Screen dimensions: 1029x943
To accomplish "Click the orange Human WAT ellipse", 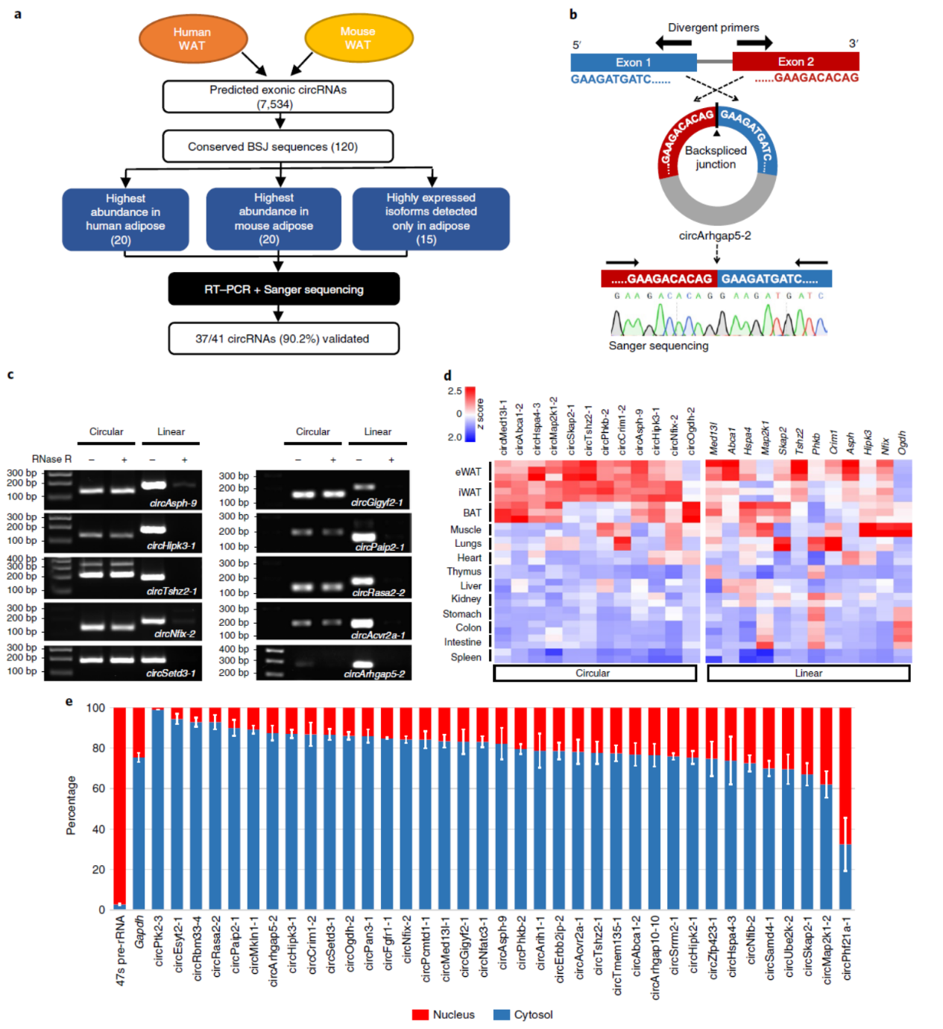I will pos(192,39).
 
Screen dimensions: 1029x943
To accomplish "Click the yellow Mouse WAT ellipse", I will pos(359,38).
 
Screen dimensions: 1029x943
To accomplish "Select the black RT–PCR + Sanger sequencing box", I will pos(283,289).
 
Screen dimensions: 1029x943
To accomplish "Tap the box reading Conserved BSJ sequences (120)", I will pos(277,147).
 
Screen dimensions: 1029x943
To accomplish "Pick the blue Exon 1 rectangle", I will pos(633,62).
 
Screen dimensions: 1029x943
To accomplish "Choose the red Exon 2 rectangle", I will pos(795,62).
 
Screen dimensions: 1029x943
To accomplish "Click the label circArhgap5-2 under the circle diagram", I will pos(714,235).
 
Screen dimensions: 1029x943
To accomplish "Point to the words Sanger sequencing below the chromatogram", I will pos(658,346).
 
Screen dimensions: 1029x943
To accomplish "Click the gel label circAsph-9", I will pos(173,503).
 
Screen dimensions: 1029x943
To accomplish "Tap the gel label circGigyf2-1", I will pos(376,502).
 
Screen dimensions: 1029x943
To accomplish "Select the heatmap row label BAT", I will pos(472,513).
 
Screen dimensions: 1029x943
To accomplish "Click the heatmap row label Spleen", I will pos(466,657).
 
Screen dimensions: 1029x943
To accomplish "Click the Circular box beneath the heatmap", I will pos(594,673).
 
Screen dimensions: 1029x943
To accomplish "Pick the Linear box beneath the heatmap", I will pos(808,673).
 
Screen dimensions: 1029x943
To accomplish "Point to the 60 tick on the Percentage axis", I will pos(97,788).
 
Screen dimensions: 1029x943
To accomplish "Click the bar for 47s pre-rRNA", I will pos(119,808).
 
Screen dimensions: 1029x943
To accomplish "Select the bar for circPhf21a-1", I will pos(845,808).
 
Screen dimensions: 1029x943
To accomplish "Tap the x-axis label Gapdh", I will pos(139,932).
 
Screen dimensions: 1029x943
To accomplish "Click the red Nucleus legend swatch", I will pos(420,1015).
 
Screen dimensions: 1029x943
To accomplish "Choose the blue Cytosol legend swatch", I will pos(502,1015).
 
